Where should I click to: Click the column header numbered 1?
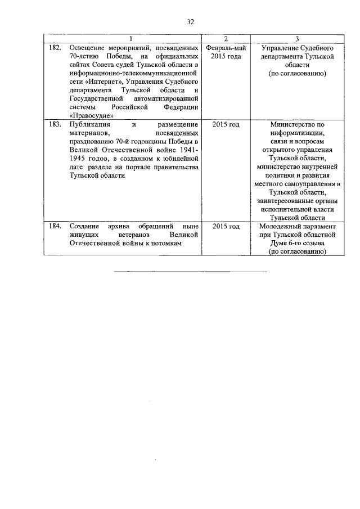point(130,39)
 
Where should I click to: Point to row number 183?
point(55,124)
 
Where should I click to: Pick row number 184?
point(55,226)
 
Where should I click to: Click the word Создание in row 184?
point(84,226)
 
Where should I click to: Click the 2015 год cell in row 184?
point(226,226)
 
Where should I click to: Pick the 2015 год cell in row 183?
point(226,124)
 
